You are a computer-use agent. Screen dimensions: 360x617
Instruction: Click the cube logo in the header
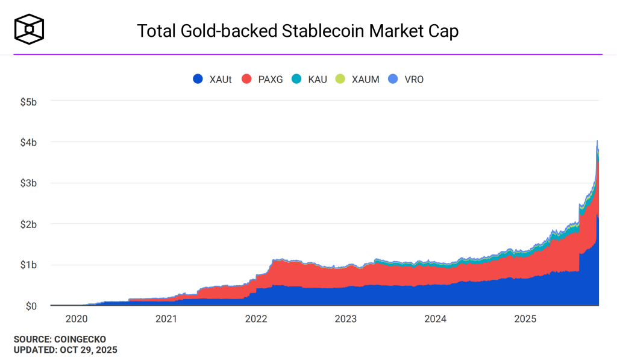[30, 28]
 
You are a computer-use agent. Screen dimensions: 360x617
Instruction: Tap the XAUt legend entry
[212, 79]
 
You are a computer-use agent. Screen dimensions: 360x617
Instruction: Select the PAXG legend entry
[262, 79]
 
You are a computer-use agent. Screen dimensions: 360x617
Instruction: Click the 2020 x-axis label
[76, 318]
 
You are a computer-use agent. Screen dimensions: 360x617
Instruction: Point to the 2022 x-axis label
[256, 318]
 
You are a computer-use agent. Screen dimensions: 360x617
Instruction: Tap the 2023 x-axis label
[346, 318]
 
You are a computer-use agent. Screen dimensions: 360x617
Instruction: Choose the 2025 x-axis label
[525, 318]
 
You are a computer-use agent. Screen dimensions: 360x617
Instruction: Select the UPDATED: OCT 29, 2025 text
[65, 350]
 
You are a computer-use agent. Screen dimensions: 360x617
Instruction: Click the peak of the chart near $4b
[597, 141]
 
